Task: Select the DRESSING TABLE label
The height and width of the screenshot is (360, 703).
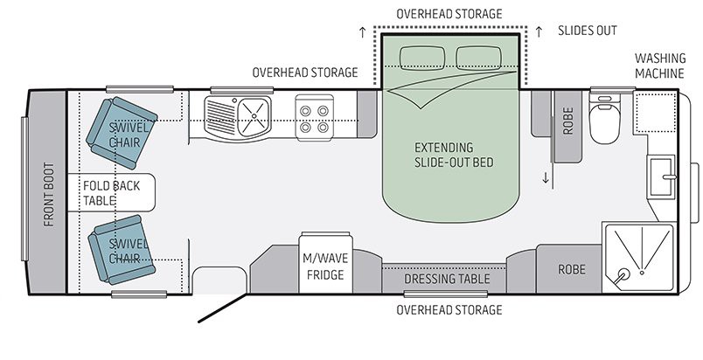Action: [x=446, y=280]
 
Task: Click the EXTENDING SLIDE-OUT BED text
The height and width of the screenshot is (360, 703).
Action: [x=443, y=155]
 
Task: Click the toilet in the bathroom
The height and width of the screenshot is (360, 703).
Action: [x=604, y=122]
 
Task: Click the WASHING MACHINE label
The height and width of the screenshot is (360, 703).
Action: [x=658, y=66]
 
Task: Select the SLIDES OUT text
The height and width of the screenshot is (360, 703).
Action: [x=588, y=31]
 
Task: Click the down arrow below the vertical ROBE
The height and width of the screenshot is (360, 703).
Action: [x=546, y=178]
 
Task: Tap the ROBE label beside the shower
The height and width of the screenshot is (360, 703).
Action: [x=571, y=270]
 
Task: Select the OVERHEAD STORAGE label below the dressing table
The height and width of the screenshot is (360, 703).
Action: [x=449, y=310]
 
